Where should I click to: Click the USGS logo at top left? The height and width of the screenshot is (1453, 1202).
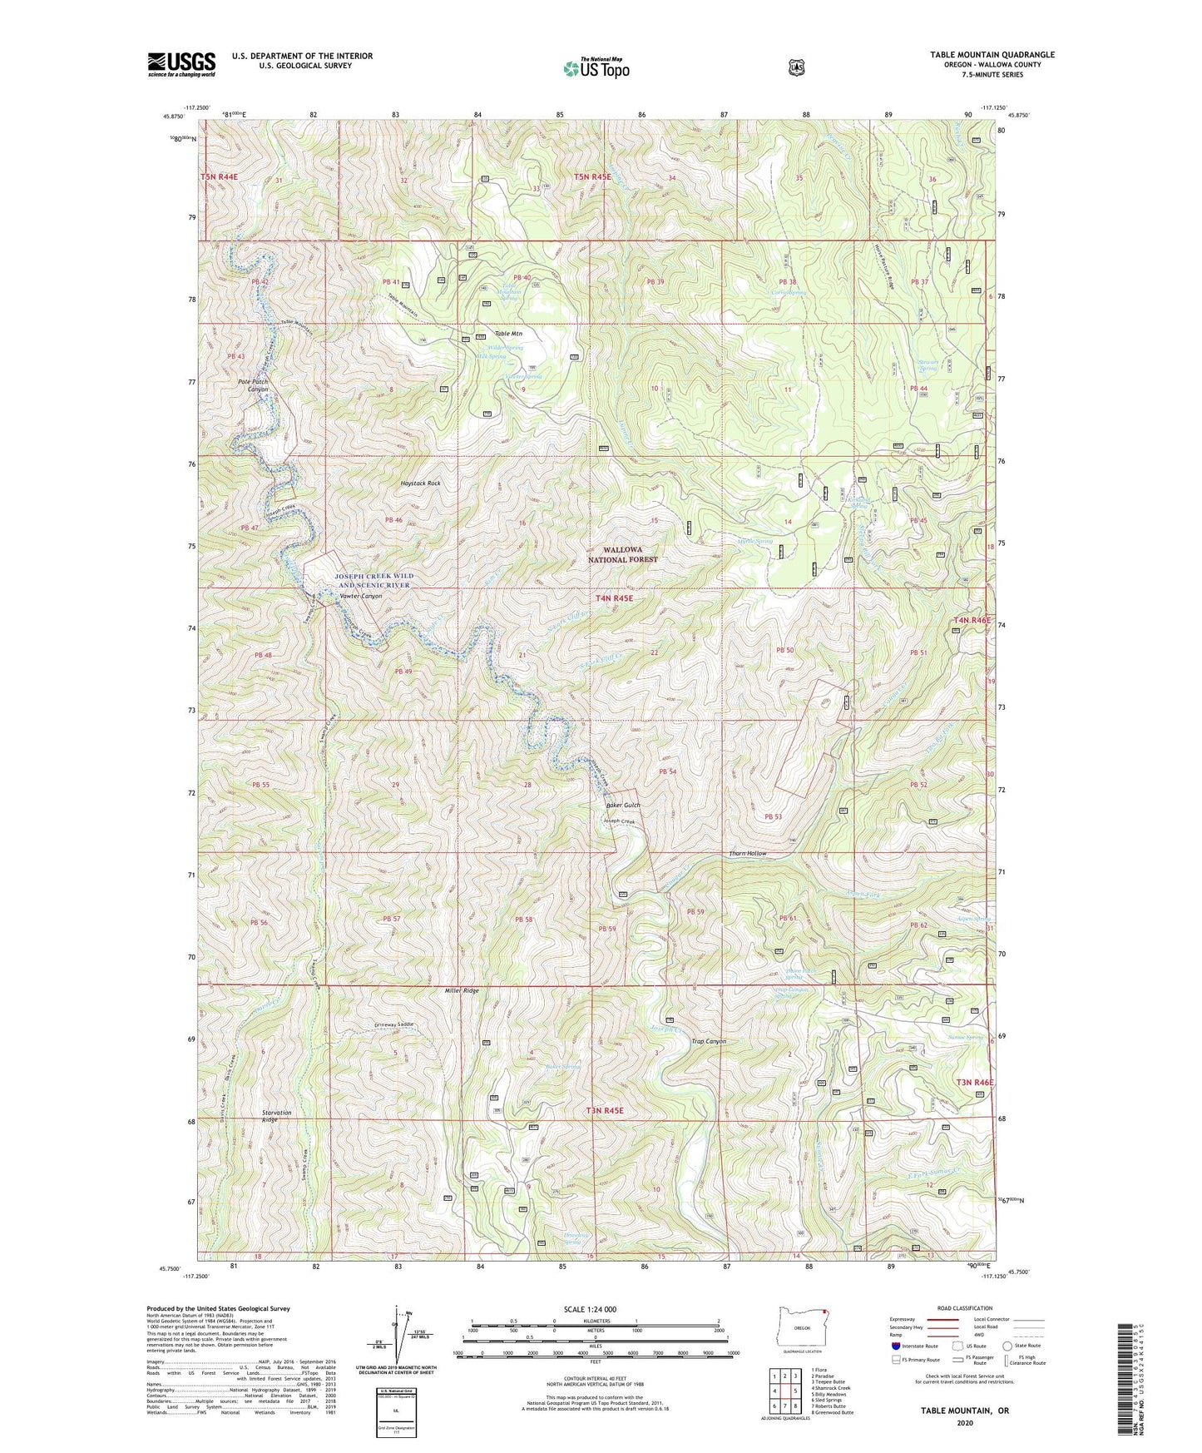[x=181, y=64]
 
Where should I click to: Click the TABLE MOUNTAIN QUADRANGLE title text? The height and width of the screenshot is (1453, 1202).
[x=992, y=55]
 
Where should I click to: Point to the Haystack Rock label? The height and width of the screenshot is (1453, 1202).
[x=420, y=483]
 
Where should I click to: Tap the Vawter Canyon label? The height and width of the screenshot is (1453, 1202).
[x=360, y=597]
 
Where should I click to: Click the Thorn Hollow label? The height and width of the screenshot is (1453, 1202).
[x=747, y=854]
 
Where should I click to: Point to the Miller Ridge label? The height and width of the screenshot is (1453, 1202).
[x=462, y=991]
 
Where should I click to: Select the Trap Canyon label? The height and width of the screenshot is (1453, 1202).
[x=709, y=1041]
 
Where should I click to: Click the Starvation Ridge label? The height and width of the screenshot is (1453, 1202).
[x=276, y=1116]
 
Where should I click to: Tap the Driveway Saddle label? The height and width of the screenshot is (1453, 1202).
[x=393, y=1024]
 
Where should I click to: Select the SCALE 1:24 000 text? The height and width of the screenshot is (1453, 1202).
[x=590, y=1310]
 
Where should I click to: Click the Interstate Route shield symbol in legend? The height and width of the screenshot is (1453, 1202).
[x=895, y=1345]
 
